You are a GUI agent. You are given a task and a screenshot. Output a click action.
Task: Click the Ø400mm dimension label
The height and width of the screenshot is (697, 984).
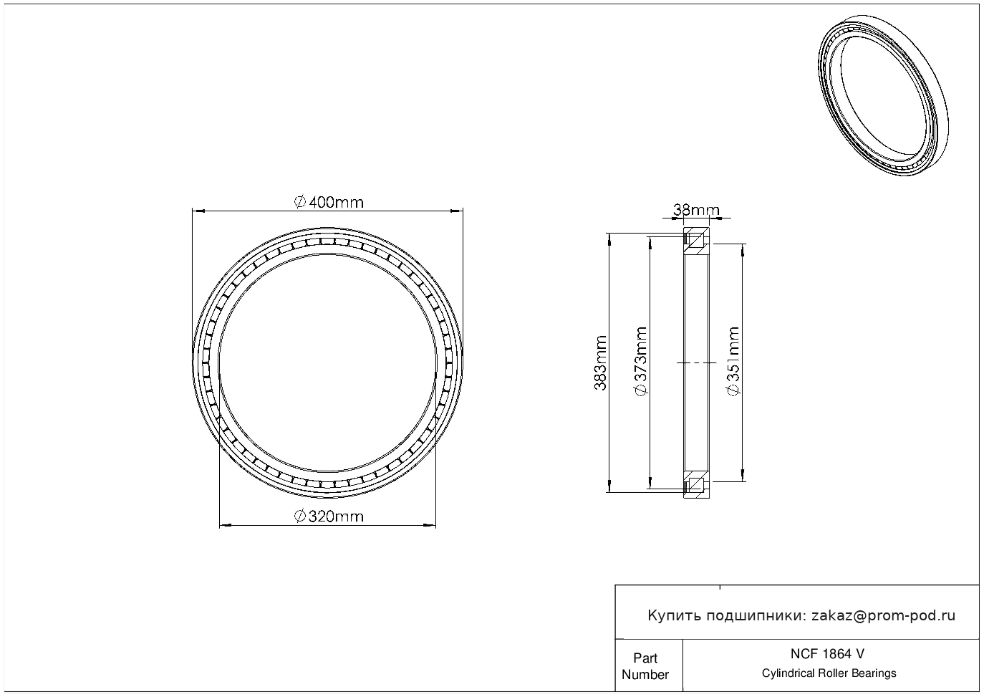click(329, 202)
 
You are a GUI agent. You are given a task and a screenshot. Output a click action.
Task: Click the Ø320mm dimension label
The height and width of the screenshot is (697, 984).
click(329, 516)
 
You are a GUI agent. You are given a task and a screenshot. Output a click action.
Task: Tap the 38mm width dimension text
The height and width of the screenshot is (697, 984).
click(696, 210)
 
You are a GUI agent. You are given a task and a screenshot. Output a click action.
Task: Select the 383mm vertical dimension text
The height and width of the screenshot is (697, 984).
click(600, 363)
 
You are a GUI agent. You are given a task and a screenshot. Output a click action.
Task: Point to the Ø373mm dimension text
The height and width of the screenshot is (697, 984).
click(641, 361)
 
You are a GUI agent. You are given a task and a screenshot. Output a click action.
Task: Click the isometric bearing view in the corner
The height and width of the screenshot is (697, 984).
click(884, 96)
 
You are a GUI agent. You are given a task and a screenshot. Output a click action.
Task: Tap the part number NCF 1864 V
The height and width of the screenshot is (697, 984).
click(828, 654)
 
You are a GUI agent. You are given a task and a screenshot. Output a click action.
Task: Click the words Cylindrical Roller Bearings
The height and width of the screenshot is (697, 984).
click(829, 673)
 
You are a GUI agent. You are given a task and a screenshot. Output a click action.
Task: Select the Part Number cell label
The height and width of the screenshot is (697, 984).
click(645, 666)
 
